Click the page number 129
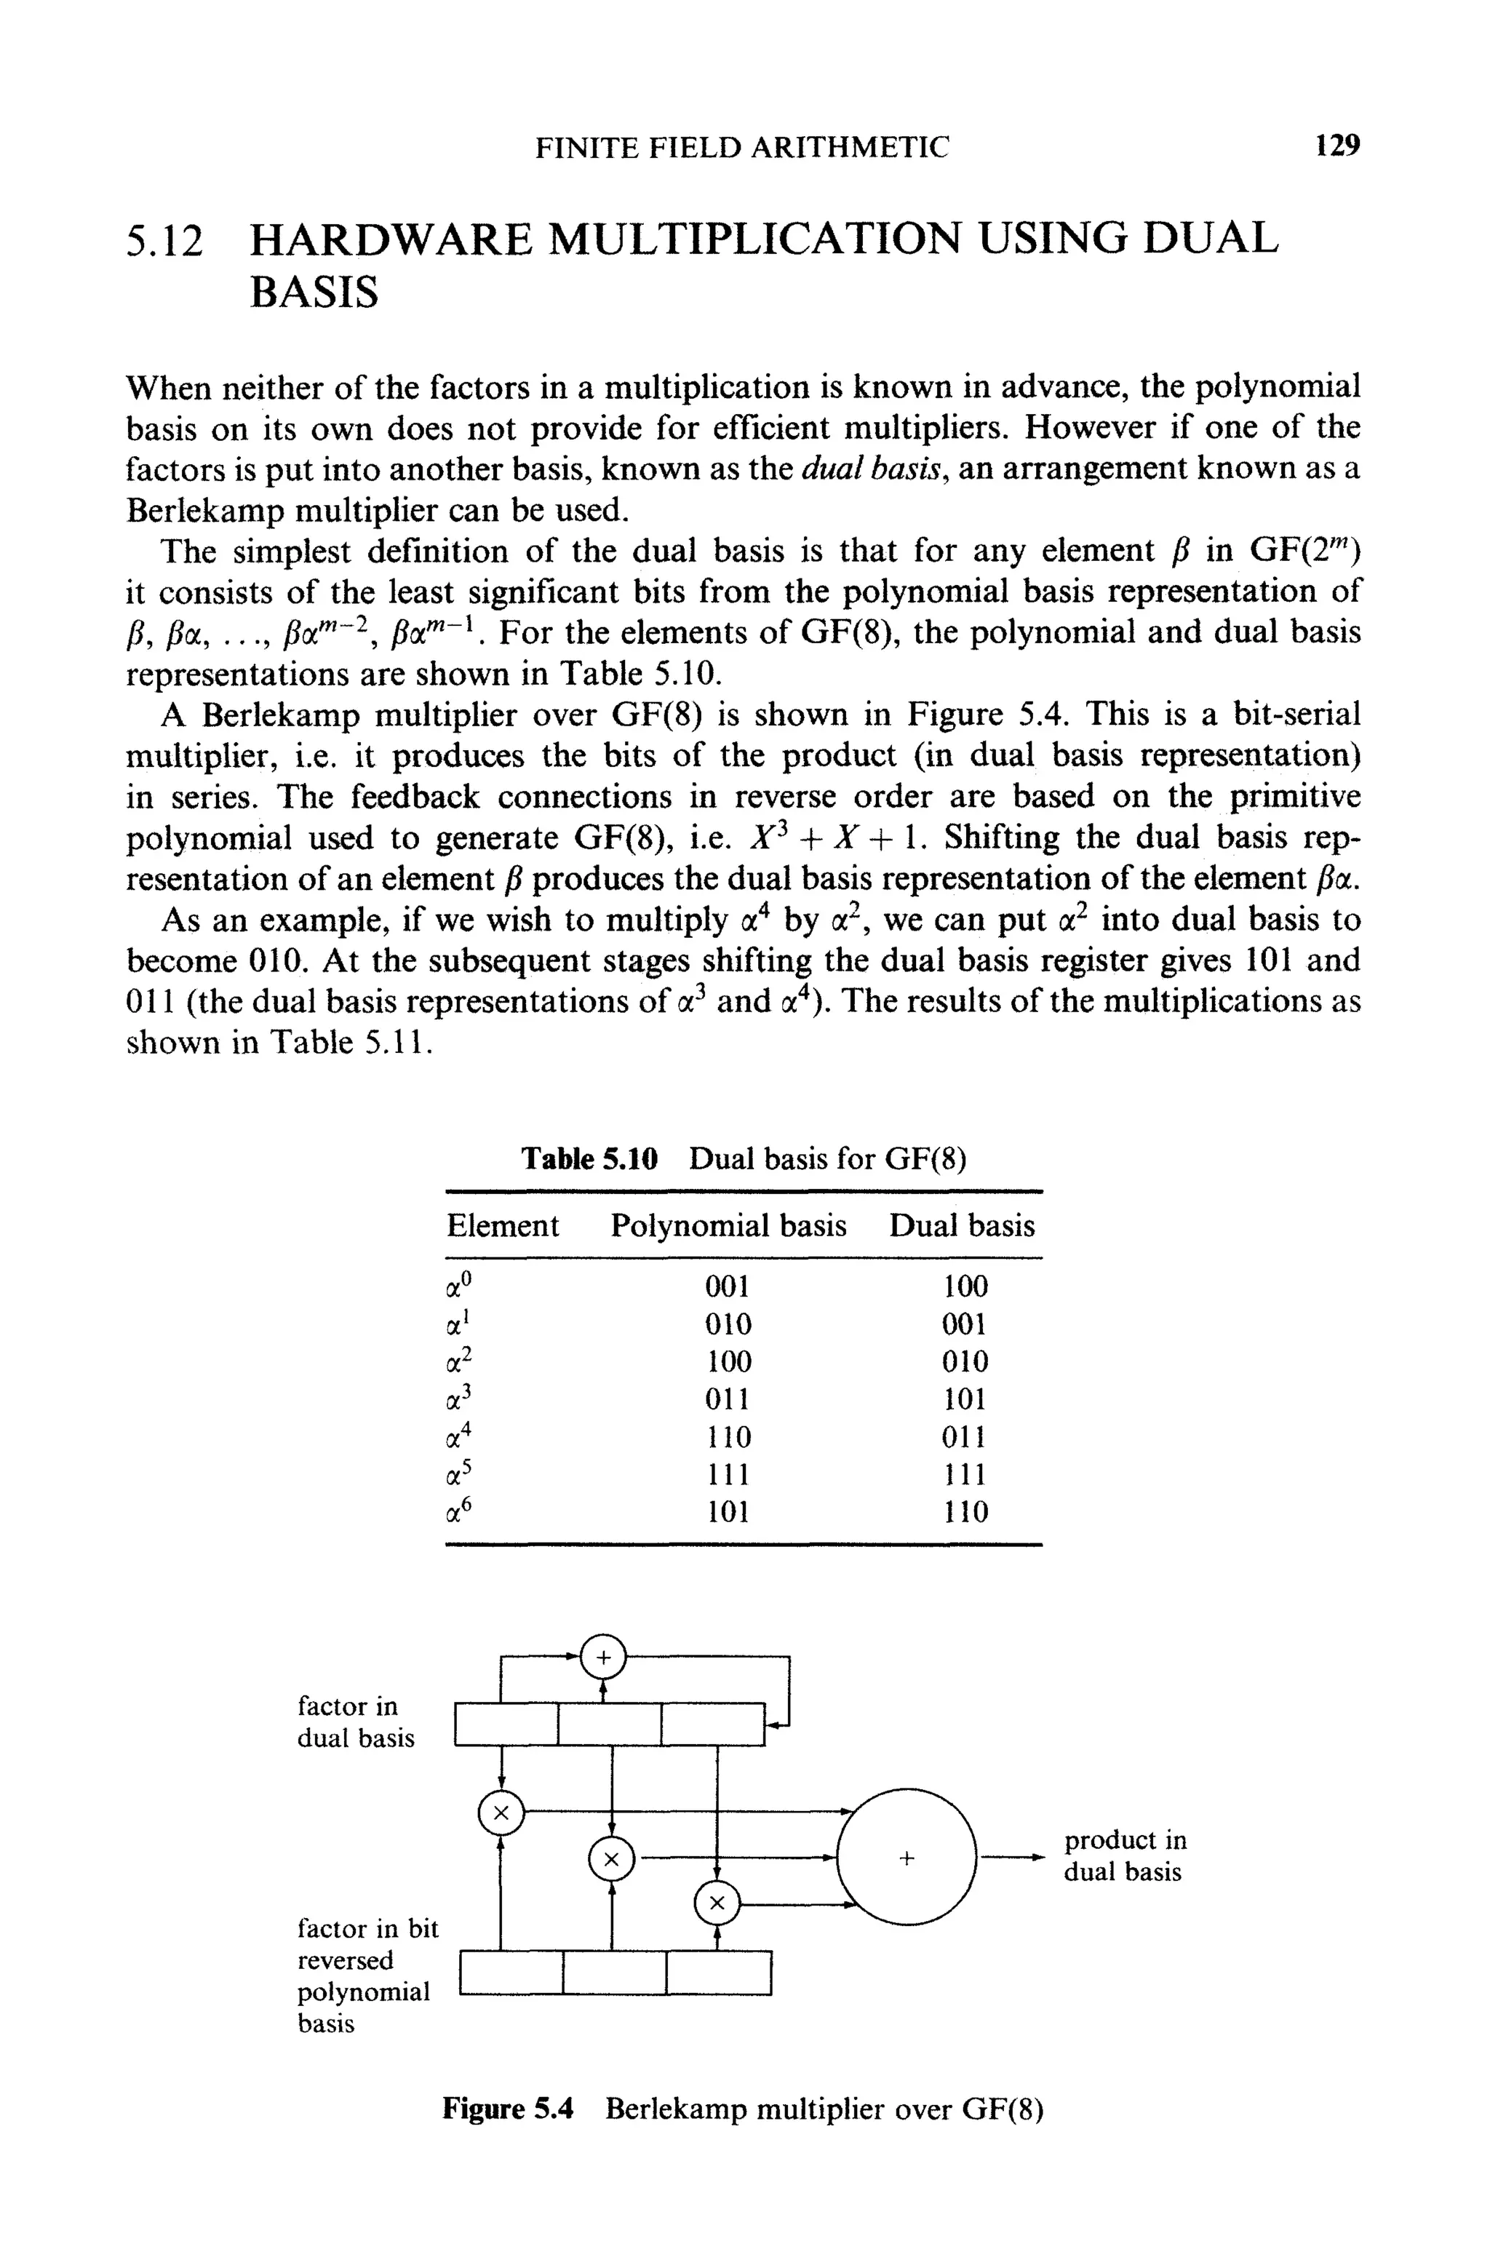coord(1338,146)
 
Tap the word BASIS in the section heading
coord(314,292)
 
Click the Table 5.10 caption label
coord(589,1159)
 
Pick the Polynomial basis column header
coord(728,1226)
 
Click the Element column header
coord(503,1226)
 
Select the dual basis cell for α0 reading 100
coord(965,1286)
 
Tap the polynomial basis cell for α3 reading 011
coord(728,1400)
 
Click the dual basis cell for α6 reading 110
coord(965,1512)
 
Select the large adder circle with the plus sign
coord(907,1858)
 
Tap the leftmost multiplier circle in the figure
coord(502,1815)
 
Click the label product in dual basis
coord(1124,1855)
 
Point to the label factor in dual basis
coord(355,1722)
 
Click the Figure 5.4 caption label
coord(509,2109)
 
